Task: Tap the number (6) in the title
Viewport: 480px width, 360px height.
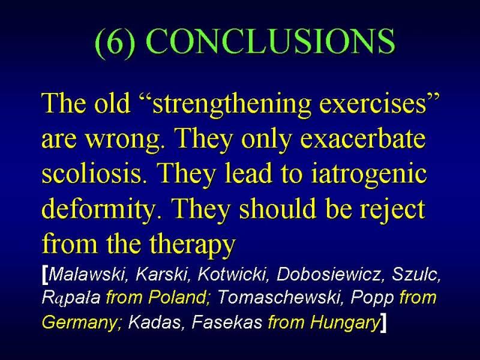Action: tap(115, 42)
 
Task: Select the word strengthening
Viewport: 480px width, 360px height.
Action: tap(232, 104)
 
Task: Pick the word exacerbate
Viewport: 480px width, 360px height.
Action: tap(364, 138)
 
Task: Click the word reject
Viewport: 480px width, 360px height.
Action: tap(392, 209)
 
